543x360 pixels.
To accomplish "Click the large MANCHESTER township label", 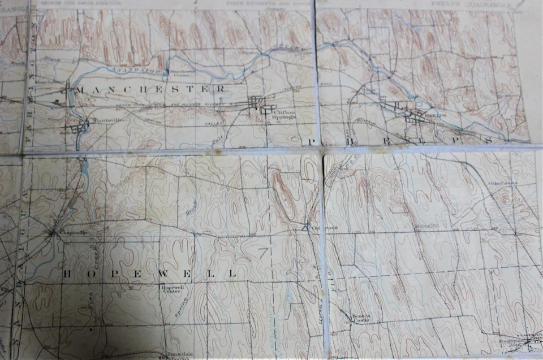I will (x=150, y=89).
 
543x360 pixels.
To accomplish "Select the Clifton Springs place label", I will (x=283, y=115).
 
